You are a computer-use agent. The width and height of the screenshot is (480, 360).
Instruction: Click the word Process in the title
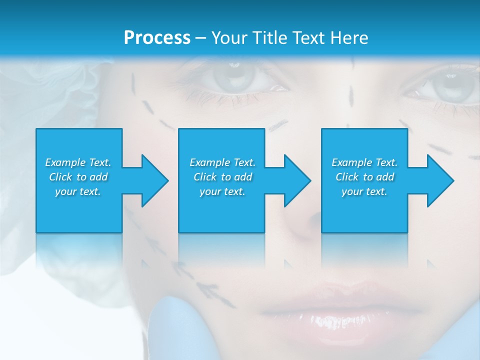point(157,38)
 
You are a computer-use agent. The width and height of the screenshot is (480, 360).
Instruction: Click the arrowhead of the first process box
point(152,180)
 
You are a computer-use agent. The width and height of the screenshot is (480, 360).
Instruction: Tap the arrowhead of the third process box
point(438,180)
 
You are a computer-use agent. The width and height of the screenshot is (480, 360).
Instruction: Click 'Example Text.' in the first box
point(78,162)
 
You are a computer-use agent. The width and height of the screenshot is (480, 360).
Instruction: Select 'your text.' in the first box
point(78,191)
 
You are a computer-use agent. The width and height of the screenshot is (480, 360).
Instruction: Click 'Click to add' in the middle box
point(222,177)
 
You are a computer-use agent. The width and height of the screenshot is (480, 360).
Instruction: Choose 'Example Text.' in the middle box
point(222,162)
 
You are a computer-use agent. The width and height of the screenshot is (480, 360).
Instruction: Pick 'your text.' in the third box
point(364,191)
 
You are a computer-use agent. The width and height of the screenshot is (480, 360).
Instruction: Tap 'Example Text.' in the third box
point(364,162)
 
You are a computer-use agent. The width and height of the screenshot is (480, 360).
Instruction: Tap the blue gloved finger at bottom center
point(175,330)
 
